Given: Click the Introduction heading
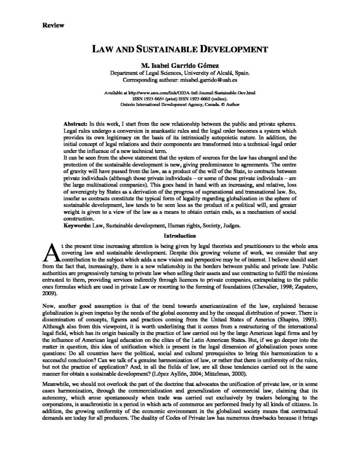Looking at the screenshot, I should pos(180,236).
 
